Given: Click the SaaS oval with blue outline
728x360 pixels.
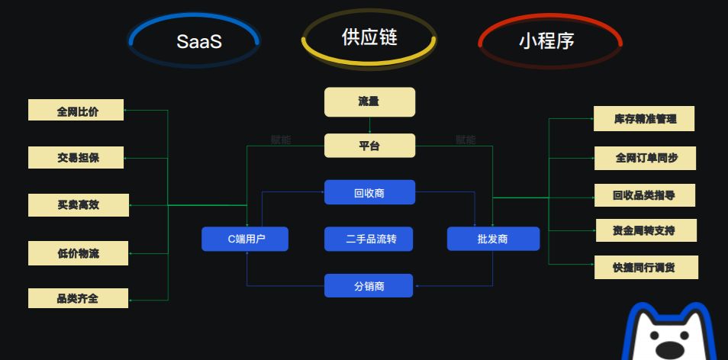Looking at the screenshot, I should coord(195,40).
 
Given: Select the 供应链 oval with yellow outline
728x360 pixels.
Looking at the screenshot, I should coord(369,37).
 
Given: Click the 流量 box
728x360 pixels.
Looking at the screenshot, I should coord(369,101).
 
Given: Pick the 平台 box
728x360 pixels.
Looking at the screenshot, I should coord(369,146).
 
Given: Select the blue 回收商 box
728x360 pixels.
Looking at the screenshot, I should coord(369,192).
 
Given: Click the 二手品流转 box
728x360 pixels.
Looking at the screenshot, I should coord(369,239).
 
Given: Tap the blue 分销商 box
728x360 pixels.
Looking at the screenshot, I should coord(369,286).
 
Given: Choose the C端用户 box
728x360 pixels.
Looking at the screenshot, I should coord(246,239).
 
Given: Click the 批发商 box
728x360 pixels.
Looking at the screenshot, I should coord(493,239).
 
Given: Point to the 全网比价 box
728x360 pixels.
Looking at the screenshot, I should coord(78,111).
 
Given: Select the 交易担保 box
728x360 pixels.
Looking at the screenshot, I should coord(78,158).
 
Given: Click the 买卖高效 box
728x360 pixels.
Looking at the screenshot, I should coord(78,204).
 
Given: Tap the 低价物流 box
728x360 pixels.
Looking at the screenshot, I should coord(78,252).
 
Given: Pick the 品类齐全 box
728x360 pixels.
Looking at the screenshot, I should coord(78,298).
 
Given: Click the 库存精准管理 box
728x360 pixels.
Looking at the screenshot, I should coord(645,119).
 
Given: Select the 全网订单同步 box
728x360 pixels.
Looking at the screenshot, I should coord(646,159).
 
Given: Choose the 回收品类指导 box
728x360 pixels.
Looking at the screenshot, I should coord(644,195).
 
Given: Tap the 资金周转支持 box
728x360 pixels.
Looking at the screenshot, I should coord(644,230).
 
